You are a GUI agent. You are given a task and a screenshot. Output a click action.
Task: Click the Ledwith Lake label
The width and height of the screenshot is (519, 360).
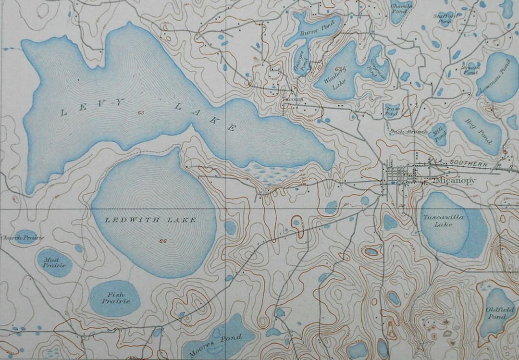(150, 220)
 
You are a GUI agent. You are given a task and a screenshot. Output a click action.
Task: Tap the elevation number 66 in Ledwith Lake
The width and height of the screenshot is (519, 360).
(163, 241)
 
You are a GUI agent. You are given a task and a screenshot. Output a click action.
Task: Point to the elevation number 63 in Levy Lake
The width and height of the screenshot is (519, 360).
(140, 113)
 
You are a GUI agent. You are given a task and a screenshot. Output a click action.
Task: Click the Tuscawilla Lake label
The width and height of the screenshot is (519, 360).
(443, 221)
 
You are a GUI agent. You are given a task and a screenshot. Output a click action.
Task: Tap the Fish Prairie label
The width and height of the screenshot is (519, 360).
(115, 298)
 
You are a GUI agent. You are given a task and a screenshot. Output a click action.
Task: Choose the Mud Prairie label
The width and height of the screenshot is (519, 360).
(54, 262)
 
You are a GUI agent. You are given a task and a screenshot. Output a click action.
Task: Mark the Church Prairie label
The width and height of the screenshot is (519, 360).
(22, 238)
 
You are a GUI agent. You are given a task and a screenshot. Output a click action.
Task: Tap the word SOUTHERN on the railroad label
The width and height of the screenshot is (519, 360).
(469, 164)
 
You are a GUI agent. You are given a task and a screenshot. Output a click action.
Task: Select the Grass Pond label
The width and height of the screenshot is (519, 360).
(392, 111)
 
